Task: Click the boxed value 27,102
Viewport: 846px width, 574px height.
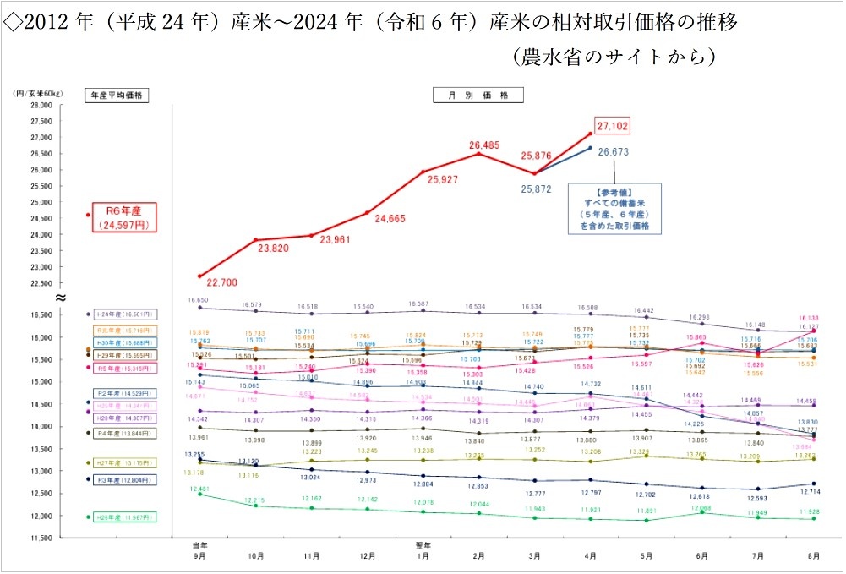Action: pyautogui.click(x=613, y=126)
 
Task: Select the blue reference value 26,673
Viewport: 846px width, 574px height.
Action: pyautogui.click(x=613, y=152)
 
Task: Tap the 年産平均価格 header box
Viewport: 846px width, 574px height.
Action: pyautogui.click(x=117, y=96)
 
